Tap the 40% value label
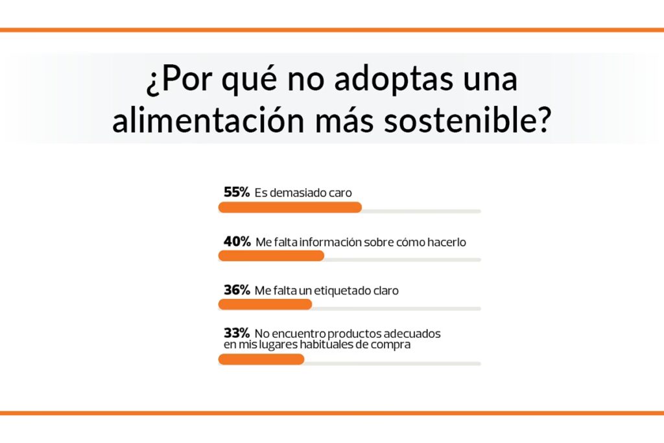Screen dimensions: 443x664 [237, 241]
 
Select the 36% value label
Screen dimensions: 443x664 [237, 290]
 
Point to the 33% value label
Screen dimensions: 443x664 [237, 333]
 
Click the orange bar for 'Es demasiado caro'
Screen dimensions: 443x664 [290, 208]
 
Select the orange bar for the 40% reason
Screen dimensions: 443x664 [271, 256]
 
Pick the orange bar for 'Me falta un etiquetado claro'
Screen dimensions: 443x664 [265, 305]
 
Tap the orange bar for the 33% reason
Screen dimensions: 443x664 [261, 359]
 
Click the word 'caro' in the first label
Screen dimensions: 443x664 [339, 193]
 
